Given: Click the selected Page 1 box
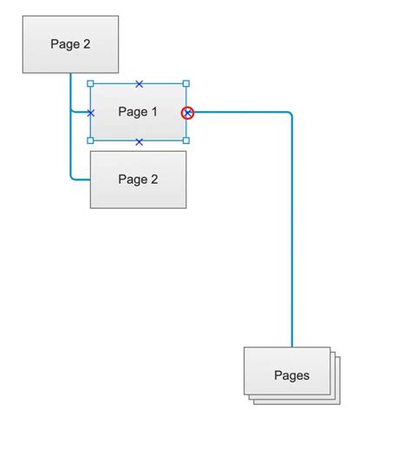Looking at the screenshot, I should (x=138, y=121).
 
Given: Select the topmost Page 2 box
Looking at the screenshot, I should (x=70, y=44).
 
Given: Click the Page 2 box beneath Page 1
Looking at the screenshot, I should (x=138, y=179).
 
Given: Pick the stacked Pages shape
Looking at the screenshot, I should (x=290, y=375).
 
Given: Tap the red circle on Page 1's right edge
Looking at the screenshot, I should (x=187, y=113).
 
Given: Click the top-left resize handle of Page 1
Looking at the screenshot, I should (x=90, y=84).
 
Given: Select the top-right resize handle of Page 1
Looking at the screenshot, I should (x=186, y=84).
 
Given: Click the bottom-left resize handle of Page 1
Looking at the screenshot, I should (x=90, y=140).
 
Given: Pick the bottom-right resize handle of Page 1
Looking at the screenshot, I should (x=186, y=140).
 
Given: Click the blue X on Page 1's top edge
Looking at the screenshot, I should (x=139, y=84).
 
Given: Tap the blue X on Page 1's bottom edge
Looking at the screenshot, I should (x=139, y=141).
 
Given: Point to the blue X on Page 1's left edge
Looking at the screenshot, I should (x=90, y=113).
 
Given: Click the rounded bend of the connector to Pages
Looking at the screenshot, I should (x=290, y=115).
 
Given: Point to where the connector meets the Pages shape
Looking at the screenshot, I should (x=292, y=347).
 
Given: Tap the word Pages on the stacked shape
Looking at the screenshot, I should (x=291, y=375).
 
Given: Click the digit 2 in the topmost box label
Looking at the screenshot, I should (x=86, y=44).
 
